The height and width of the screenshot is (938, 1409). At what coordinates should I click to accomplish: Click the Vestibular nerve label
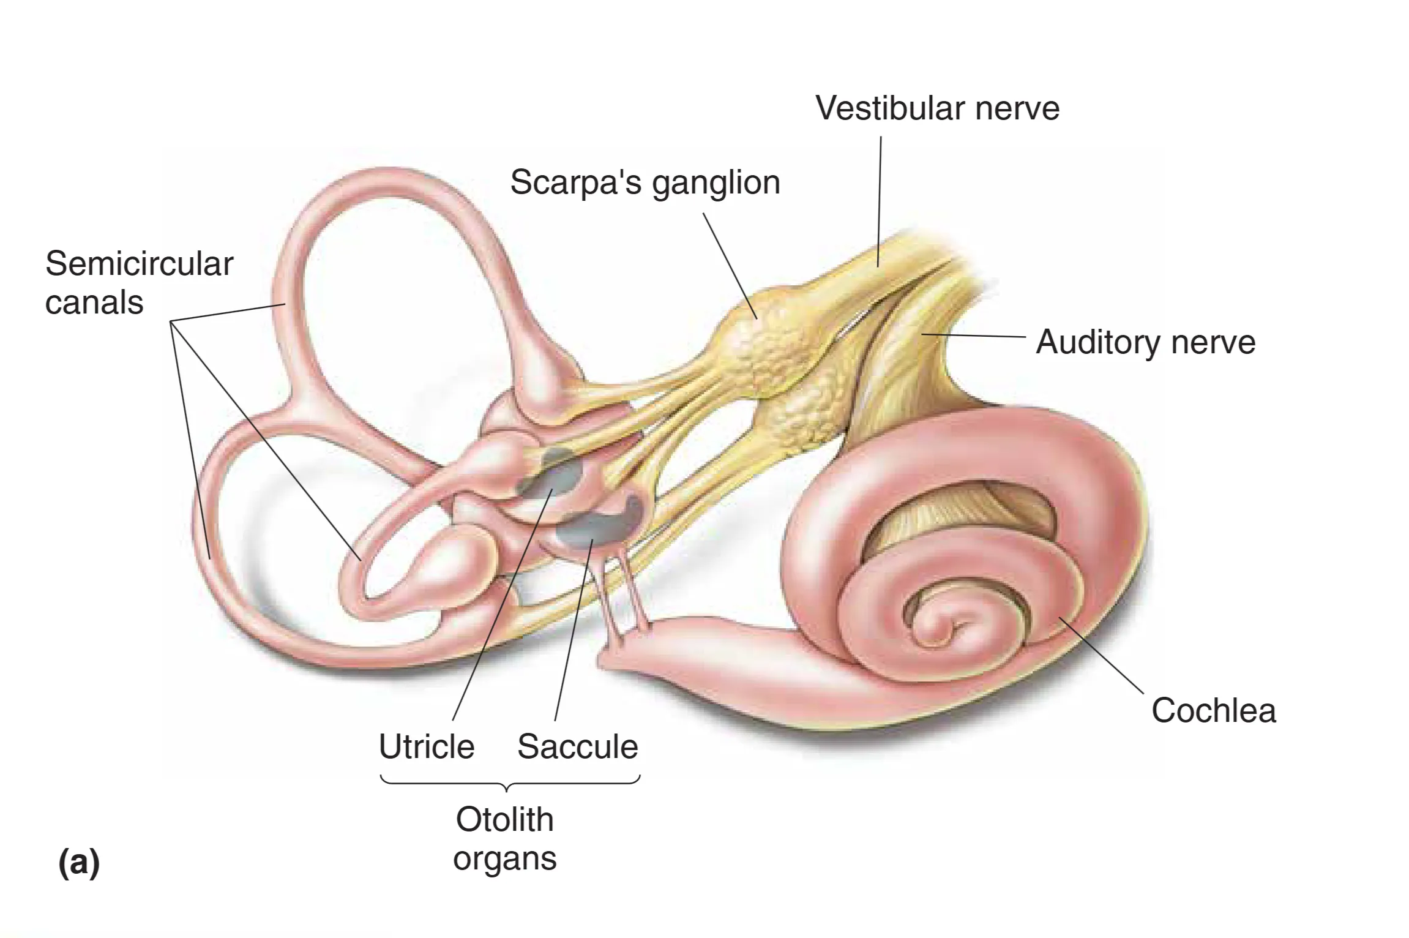pyautogui.click(x=937, y=108)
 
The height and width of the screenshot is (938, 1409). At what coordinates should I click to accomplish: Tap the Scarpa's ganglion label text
pyautogui.click(x=645, y=182)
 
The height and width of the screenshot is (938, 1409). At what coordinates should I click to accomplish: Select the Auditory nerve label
pyautogui.click(x=1145, y=342)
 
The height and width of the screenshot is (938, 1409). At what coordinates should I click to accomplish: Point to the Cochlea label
pyautogui.click(x=1213, y=710)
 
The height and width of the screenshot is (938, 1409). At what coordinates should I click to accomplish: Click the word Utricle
pyautogui.click(x=427, y=746)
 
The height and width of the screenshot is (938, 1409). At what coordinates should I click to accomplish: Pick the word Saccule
pyautogui.click(x=577, y=746)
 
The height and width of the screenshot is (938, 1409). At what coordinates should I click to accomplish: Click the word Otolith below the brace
pyautogui.click(x=504, y=819)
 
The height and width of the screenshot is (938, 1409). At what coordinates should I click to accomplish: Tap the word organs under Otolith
pyautogui.click(x=504, y=858)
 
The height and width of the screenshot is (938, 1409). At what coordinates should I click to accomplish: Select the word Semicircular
pyautogui.click(x=139, y=264)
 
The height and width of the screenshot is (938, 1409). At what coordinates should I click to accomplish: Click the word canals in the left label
pyautogui.click(x=94, y=302)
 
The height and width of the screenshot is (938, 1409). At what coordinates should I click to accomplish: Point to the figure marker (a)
pyautogui.click(x=79, y=863)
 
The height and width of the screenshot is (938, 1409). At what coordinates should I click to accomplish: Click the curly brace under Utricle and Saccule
pyautogui.click(x=510, y=783)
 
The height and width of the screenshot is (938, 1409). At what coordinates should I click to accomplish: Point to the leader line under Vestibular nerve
pyautogui.click(x=880, y=202)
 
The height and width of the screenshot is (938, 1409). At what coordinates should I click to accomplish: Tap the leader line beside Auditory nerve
pyautogui.click(x=973, y=335)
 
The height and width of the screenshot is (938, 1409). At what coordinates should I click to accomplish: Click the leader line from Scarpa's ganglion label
pyautogui.click(x=730, y=265)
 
